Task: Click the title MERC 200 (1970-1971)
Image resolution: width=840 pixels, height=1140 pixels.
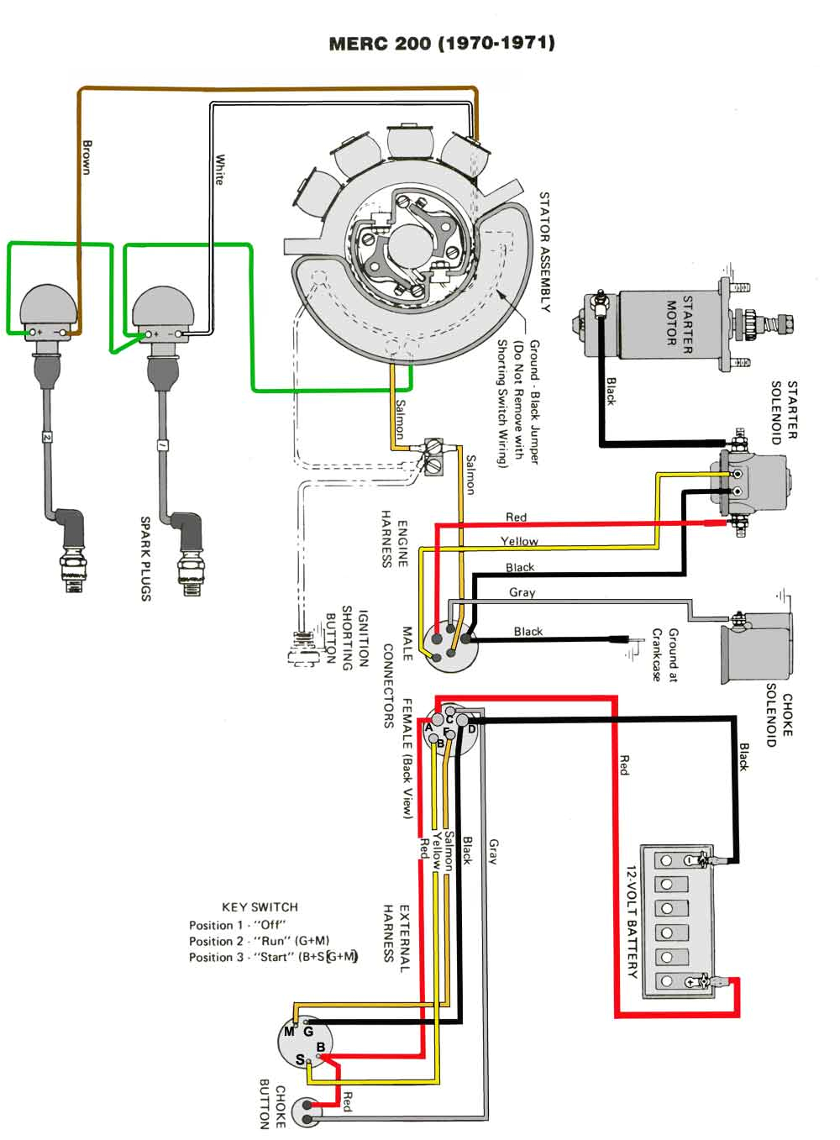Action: [x=441, y=43]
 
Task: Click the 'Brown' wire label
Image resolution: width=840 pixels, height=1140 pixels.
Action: [x=87, y=157]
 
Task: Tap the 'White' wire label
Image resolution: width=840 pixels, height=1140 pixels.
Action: [x=219, y=169]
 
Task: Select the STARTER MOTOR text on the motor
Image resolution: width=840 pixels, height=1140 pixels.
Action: [x=679, y=320]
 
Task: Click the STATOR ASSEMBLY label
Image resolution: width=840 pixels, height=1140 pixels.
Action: [x=544, y=252]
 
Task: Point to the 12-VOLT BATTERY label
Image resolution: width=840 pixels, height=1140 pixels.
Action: [x=632, y=922]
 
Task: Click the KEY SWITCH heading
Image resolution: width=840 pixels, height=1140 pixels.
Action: [x=260, y=907]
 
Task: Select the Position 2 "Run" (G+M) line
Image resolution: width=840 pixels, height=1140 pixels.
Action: [x=259, y=941]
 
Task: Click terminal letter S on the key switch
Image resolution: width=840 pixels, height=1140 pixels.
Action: [x=300, y=1060]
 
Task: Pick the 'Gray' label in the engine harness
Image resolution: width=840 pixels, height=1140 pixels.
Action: [x=522, y=592]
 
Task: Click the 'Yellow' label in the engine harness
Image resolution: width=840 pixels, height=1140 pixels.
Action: [x=519, y=542]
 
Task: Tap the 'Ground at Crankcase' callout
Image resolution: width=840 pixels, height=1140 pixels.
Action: [x=664, y=654]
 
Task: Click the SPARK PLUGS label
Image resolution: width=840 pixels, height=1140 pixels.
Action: [x=145, y=559]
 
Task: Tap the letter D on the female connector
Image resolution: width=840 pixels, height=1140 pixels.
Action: [x=472, y=729]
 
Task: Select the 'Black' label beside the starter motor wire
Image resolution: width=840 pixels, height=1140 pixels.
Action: [x=611, y=391]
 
